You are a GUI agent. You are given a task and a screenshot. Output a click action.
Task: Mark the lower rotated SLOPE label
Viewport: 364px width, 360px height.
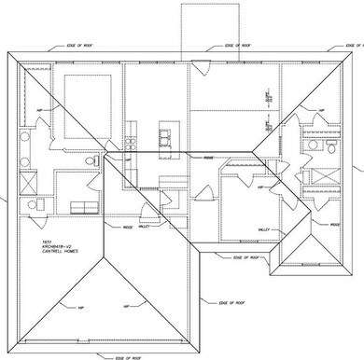pyautogui.click(x=267, y=123)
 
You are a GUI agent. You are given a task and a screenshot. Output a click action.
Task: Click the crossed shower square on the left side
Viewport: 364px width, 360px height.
pyautogui.click(x=28, y=177)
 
